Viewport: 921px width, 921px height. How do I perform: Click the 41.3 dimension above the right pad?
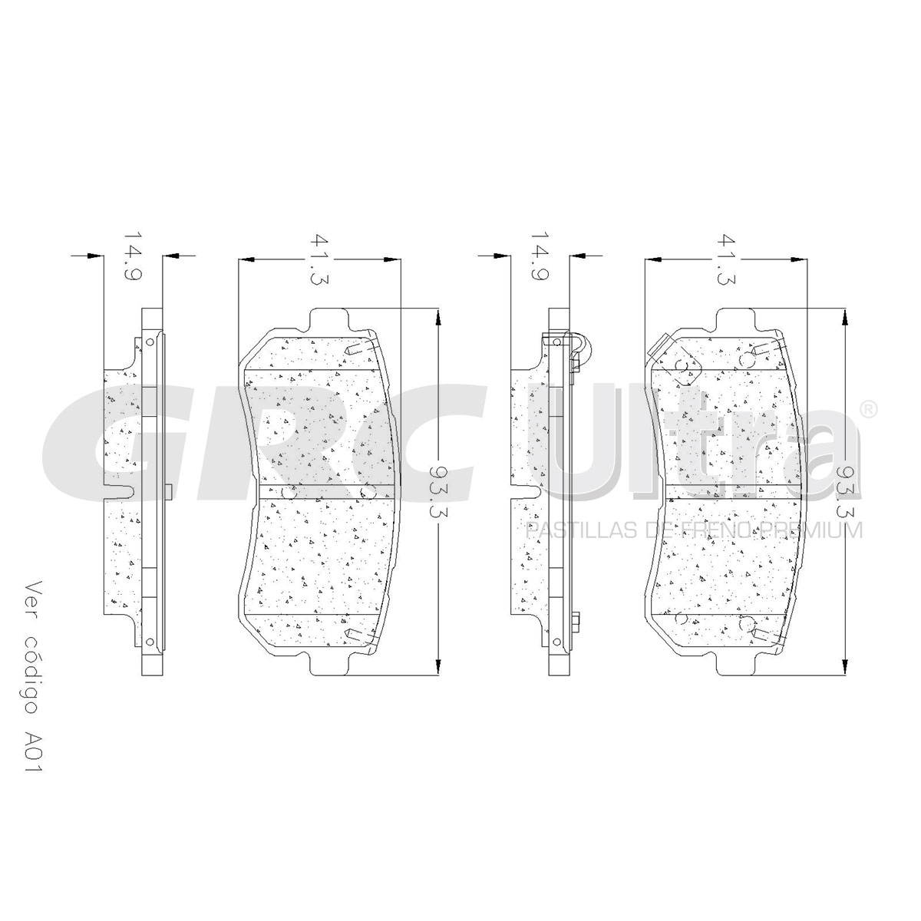pos(725,259)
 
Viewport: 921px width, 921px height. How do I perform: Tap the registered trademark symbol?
pos(867,409)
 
